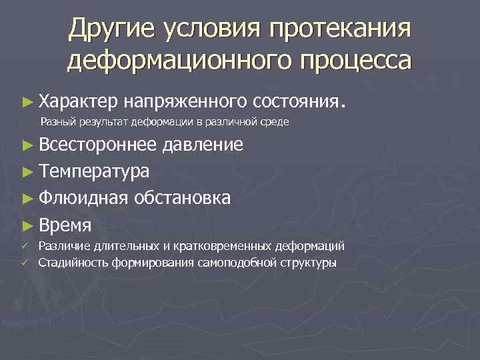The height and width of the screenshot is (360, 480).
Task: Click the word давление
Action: pos(203,145)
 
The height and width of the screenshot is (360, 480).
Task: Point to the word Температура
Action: pos(93,171)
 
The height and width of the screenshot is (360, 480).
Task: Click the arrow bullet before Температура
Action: pos(27,171)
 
